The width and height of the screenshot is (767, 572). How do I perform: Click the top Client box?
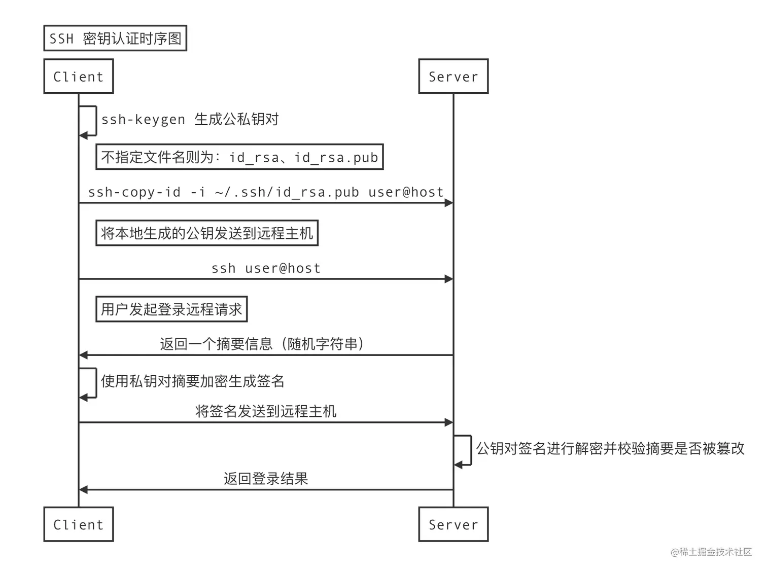pos(79,77)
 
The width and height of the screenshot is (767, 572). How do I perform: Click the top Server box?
pos(453,77)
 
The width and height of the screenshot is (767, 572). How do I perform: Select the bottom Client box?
pos(79,524)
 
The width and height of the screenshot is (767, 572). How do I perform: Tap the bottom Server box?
pos(453,524)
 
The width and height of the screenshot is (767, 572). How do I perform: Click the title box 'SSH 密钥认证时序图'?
pos(115,39)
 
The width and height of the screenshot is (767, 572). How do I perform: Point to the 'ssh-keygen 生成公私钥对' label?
pos(190,120)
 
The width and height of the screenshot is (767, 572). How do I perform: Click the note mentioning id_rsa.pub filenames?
pos(239,157)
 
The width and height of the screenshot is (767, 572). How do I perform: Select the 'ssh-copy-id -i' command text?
pos(266,192)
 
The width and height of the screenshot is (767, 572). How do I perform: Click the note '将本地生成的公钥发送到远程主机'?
pos(207,233)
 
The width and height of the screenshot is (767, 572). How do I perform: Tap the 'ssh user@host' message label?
pos(266,268)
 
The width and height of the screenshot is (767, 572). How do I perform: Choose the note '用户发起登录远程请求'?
pos(171,309)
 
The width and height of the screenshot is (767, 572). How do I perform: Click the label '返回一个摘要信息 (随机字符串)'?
pos(262,344)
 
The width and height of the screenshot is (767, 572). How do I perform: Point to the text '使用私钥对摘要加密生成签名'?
pos(193,381)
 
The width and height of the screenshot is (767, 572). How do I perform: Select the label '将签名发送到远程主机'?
pos(266,411)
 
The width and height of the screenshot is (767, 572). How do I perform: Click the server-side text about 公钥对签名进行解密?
pos(610,448)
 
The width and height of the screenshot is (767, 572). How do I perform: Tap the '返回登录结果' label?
pos(266,479)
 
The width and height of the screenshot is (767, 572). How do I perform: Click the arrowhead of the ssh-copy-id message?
pos(448,203)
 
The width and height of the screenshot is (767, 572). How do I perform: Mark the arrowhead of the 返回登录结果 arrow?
pos(84,490)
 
